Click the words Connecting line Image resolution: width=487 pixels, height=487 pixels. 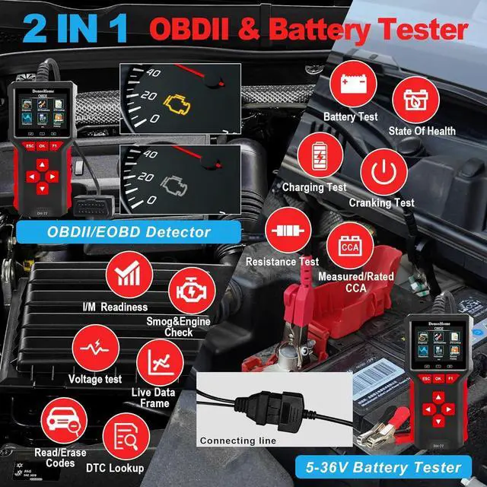click(x=237, y=441)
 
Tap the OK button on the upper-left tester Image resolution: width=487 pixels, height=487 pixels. click(x=42, y=145)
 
